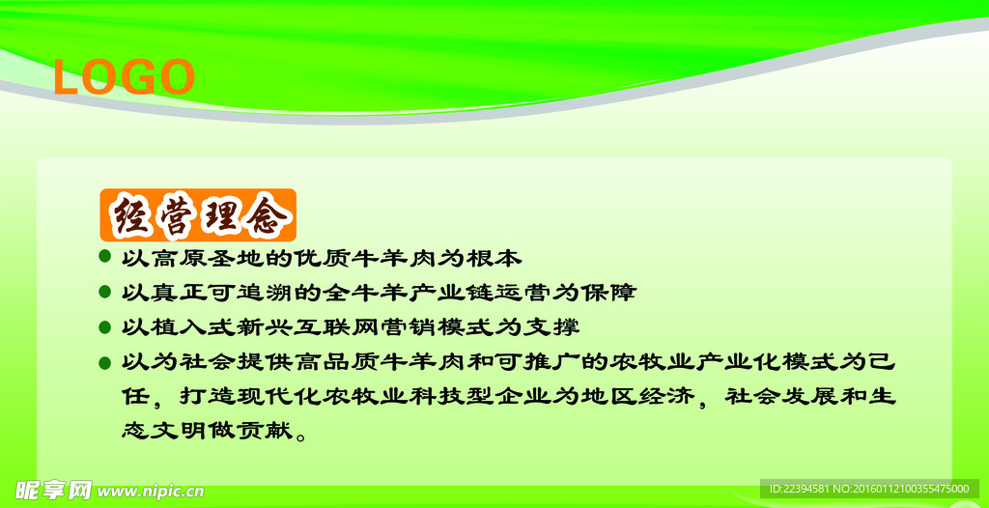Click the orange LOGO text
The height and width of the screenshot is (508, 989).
(125, 77)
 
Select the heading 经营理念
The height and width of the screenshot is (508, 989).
(198, 215)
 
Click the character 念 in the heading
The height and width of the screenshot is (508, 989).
(269, 216)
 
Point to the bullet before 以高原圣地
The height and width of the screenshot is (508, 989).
(105, 258)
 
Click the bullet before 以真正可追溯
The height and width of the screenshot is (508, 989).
(105, 293)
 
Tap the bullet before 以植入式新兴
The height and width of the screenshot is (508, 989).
(105, 327)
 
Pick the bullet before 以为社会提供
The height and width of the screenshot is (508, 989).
(105, 363)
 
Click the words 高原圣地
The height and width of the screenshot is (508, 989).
(192, 258)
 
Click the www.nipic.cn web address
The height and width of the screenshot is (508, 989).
(152, 491)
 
